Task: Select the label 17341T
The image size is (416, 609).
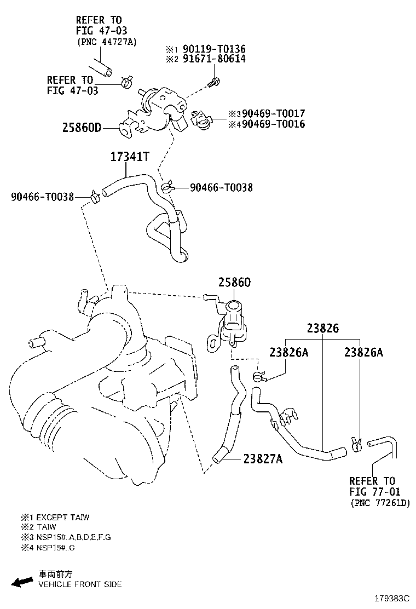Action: pos(130,157)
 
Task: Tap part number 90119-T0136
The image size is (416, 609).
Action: pos(210,49)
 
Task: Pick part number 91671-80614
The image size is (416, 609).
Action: pos(210,59)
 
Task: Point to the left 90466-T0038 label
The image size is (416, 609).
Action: pos(42,197)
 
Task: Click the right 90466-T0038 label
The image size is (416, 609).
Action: pos(221,187)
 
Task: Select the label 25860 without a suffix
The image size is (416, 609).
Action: pos(234,283)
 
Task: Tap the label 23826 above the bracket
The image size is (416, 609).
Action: pos(322,329)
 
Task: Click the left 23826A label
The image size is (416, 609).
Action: pos(288,353)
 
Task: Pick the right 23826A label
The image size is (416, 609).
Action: pos(363,353)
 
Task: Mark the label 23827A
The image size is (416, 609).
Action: pos(263,459)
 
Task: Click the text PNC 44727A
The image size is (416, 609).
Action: pos(106,42)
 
